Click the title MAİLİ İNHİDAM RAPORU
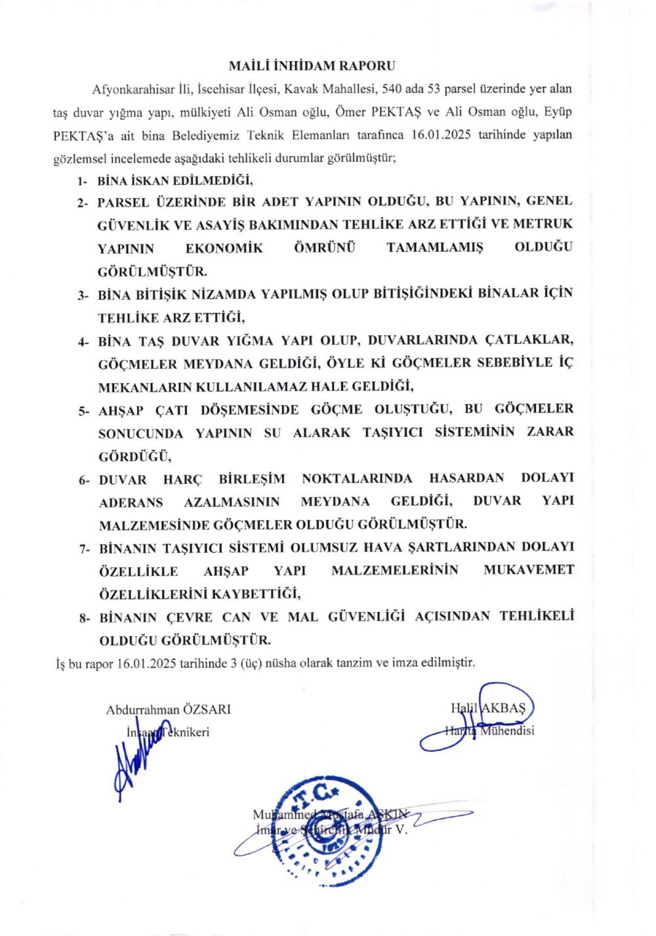tap(312, 66)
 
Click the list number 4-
tap(83, 342)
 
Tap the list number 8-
tap(83, 618)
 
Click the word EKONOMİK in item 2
tap(224, 248)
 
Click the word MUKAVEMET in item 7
tap(529, 570)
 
